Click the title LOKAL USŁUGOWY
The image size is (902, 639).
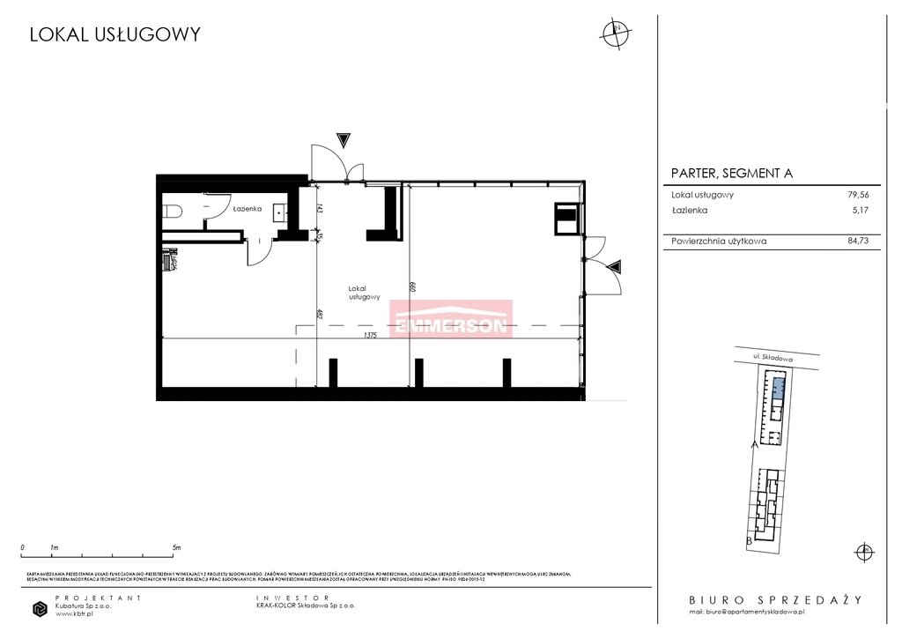(x=115, y=35)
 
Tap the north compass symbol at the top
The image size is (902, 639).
(x=615, y=31)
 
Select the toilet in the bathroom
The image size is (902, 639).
(x=173, y=211)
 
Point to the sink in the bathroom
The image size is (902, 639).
(x=281, y=212)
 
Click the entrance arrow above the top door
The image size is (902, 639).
(x=344, y=139)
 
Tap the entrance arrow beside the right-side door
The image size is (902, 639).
(x=615, y=265)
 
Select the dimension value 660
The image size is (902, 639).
(x=411, y=286)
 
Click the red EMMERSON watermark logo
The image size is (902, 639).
(x=451, y=319)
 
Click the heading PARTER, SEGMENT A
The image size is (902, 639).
(x=731, y=174)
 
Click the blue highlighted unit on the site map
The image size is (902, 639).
(x=778, y=384)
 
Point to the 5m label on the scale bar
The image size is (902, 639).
(x=177, y=547)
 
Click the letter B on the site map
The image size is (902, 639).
(x=749, y=539)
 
